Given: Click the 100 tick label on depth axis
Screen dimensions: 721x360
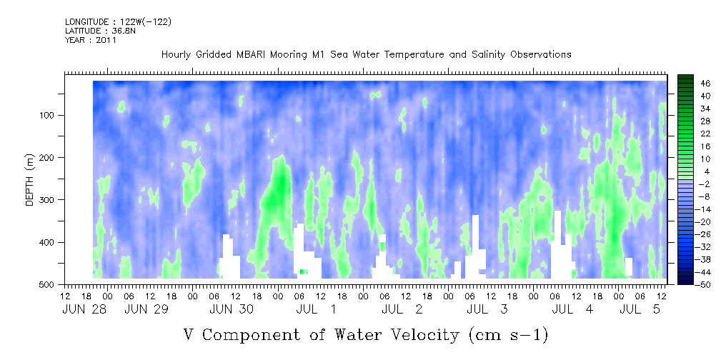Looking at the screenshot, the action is pyautogui.click(x=49, y=115).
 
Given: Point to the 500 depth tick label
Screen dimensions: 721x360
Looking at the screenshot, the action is pyautogui.click(x=49, y=284).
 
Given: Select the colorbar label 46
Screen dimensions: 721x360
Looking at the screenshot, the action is pyautogui.click(x=693, y=84).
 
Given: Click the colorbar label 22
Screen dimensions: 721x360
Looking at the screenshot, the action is pyautogui.click(x=693, y=136).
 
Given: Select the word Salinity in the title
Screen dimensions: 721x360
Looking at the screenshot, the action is pyautogui.click(x=488, y=55).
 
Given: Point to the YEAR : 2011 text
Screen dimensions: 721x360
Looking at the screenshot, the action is pyautogui.click(x=91, y=40).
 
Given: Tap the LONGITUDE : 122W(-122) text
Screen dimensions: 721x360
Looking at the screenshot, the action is pyautogui.click(x=118, y=21).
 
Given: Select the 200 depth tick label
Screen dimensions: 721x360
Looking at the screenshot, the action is pyautogui.click(x=49, y=157).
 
